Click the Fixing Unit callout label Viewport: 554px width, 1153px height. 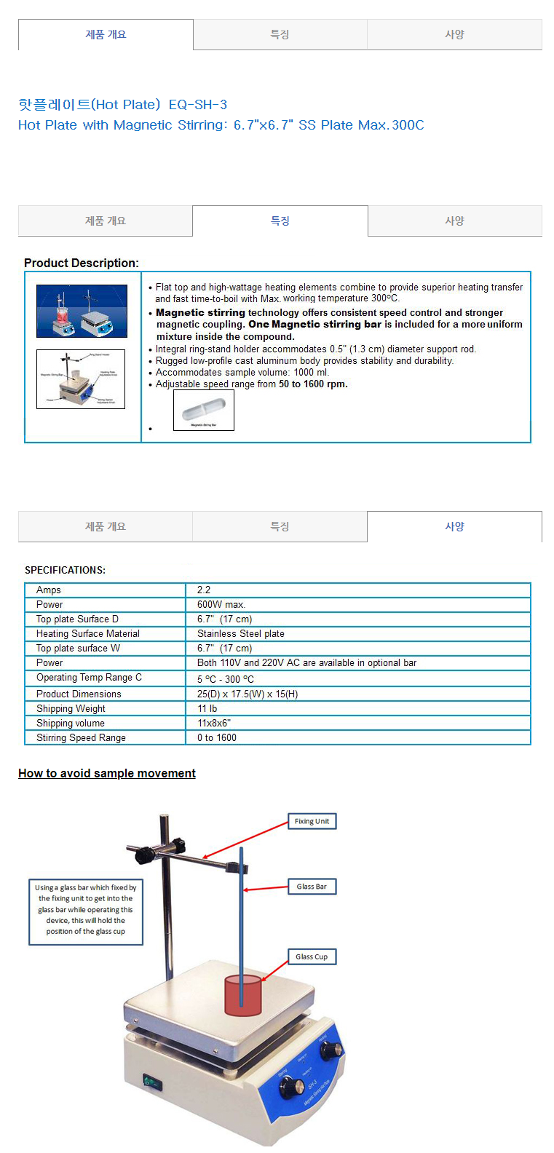pyautogui.click(x=312, y=821)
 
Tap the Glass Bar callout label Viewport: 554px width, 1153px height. pyautogui.click(x=312, y=887)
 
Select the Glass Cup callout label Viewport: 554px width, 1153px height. pyautogui.click(x=312, y=956)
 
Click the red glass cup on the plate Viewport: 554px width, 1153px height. pyautogui.click(x=242, y=995)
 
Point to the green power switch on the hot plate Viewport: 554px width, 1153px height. pyautogui.click(x=152, y=1083)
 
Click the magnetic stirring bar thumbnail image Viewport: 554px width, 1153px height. pyautogui.click(x=204, y=410)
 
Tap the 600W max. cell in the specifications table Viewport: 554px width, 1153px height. pyautogui.click(x=221, y=604)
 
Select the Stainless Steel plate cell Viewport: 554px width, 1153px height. pyautogui.click(x=241, y=633)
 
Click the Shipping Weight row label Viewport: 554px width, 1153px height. pyautogui.click(x=71, y=708)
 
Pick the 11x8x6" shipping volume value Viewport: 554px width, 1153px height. pyautogui.click(x=214, y=723)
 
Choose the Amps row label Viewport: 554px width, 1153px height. pyautogui.click(x=49, y=590)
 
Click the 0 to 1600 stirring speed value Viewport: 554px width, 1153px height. pyautogui.click(x=217, y=737)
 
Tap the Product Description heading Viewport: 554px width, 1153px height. pyautogui.click(x=82, y=263)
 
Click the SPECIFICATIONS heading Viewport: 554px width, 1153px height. pyautogui.click(x=65, y=570)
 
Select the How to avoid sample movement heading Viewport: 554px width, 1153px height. pyautogui.click(x=107, y=773)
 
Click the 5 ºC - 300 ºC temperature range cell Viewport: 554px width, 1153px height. pyautogui.click(x=226, y=678)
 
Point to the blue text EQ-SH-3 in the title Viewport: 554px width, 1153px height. pyautogui.click(x=198, y=105)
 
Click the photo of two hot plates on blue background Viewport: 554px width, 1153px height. pyautogui.click(x=82, y=311)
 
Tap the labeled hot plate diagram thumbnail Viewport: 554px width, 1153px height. pyautogui.click(x=81, y=379)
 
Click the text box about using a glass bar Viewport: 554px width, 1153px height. pyautogui.click(x=86, y=909)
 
